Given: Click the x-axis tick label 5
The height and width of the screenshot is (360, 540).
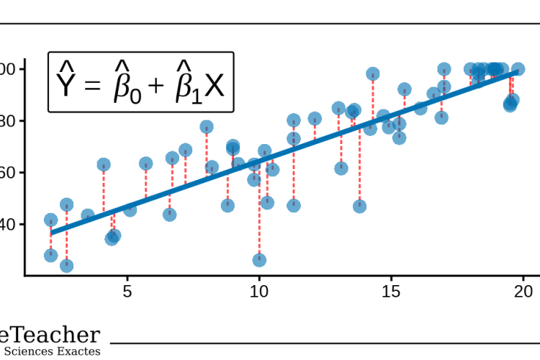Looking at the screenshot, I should [x=127, y=292].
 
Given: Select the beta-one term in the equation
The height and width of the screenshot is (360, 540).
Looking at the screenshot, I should [x=185, y=85].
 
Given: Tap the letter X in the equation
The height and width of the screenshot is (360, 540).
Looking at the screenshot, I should [x=214, y=86].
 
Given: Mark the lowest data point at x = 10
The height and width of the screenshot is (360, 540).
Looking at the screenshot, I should [x=259, y=260].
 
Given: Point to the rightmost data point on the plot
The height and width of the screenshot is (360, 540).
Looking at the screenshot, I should [x=518, y=70].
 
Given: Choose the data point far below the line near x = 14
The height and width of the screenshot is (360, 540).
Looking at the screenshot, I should [x=359, y=207].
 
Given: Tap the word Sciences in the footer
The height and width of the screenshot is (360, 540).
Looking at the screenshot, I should [x=34, y=351].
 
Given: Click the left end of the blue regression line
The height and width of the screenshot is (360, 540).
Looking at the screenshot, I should [x=51, y=232].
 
